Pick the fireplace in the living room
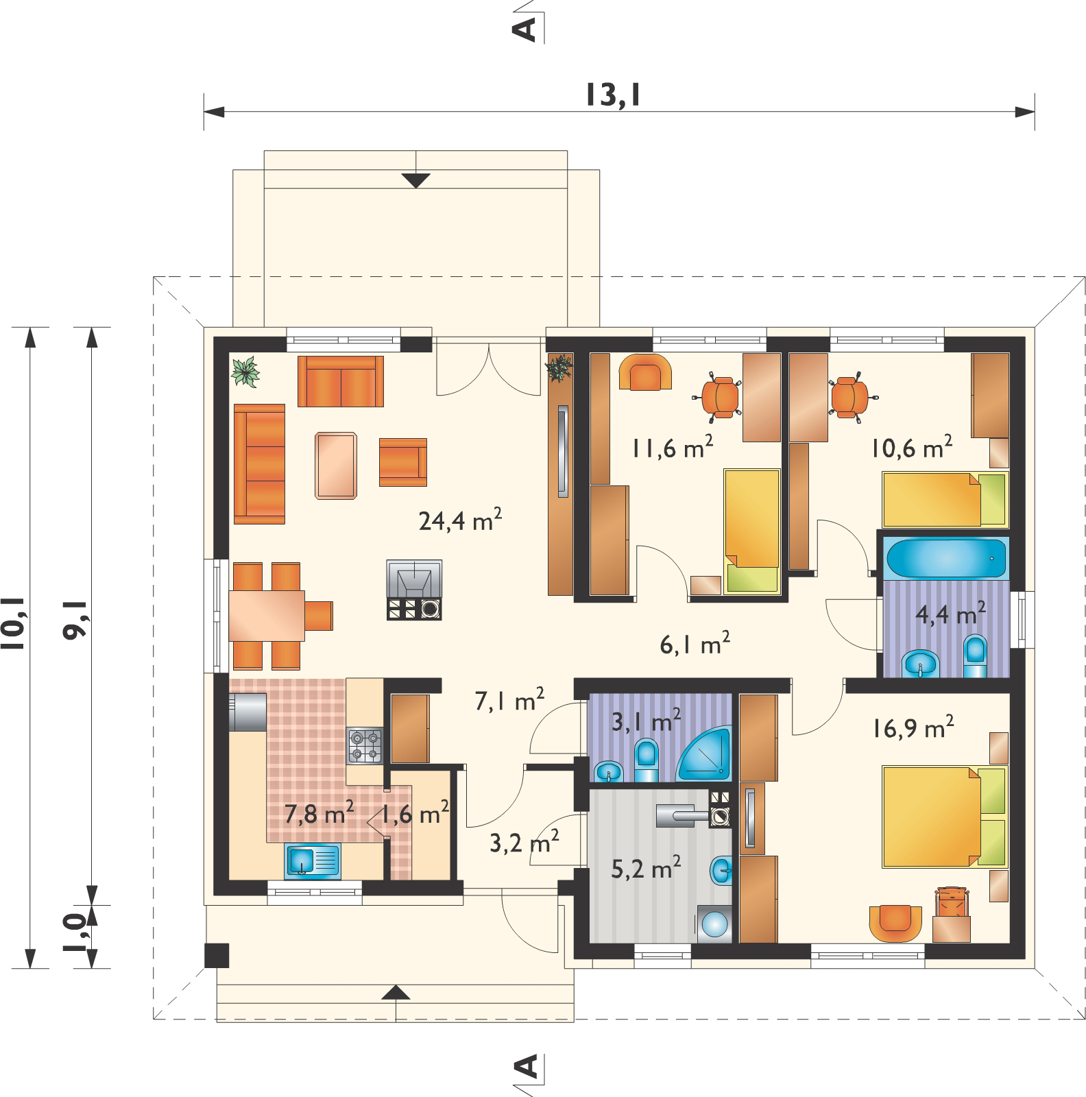pyautogui.click(x=414, y=590)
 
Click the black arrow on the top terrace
pyautogui.click(x=415, y=180)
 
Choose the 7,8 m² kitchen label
pyautogui.click(x=319, y=815)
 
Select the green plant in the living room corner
pyautogui.click(x=246, y=372)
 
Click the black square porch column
pyautogui.click(x=217, y=956)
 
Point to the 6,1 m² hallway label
pyautogui.click(x=694, y=644)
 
